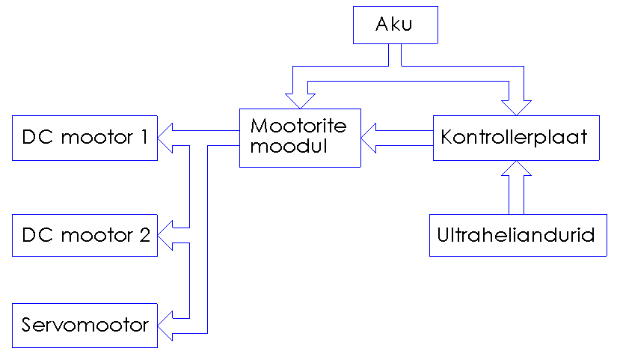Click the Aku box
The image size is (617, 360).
click(x=394, y=26)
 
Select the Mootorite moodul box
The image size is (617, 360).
click(x=299, y=137)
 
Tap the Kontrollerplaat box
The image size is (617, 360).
click(x=516, y=138)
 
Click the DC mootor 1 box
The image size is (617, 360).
click(x=85, y=138)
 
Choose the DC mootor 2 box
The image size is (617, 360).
click(x=85, y=235)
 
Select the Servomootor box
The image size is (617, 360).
click(x=85, y=326)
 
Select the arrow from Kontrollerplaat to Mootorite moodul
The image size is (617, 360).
click(x=396, y=138)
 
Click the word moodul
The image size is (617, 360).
click(x=289, y=147)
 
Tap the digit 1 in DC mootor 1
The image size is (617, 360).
click(x=142, y=137)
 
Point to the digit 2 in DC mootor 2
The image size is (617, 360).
click(x=144, y=235)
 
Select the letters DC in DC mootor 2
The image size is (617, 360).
click(x=36, y=235)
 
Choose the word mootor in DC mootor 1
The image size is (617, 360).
click(x=95, y=138)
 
